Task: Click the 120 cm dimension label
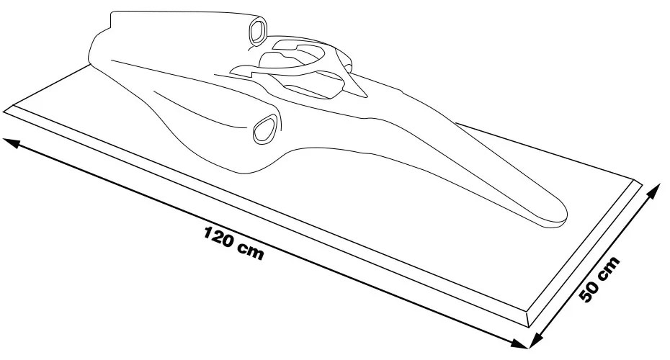click(233, 242)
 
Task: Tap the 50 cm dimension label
click(599, 279)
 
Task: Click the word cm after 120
click(251, 251)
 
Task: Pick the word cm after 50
click(609, 267)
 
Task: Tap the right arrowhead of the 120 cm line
click(520, 343)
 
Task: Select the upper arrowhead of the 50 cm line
click(653, 191)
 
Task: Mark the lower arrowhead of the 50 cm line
click(535, 341)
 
